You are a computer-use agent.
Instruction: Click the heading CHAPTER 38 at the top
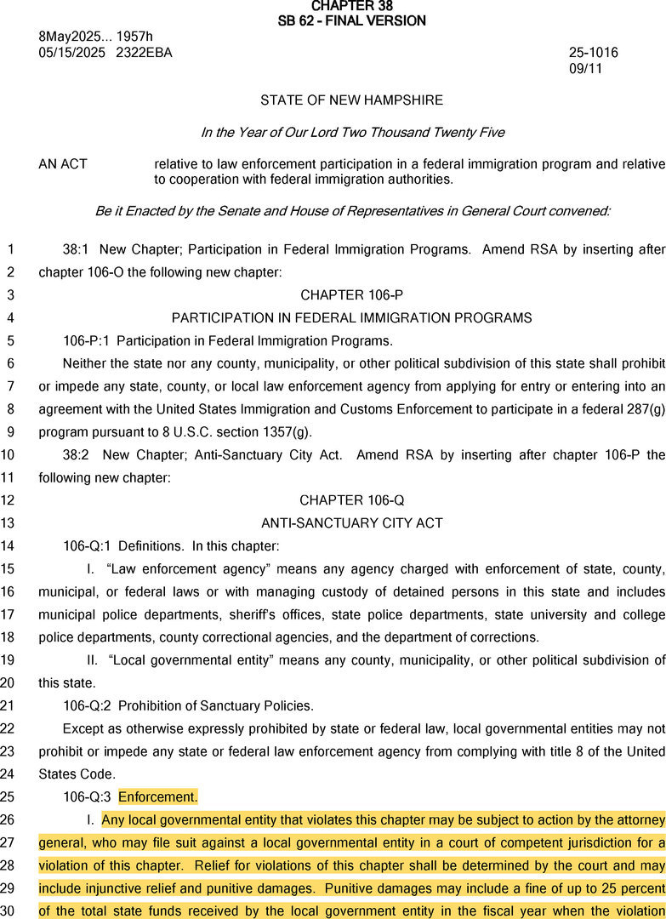[x=351, y=6]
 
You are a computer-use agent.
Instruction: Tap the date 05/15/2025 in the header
[x=71, y=53]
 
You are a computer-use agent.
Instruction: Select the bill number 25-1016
[x=594, y=53]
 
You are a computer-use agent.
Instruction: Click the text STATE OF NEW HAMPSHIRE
[x=351, y=100]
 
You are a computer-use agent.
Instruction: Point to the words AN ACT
[x=63, y=164]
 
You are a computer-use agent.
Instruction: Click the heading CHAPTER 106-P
[x=351, y=295]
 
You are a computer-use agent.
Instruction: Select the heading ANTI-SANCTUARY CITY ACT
[x=351, y=522]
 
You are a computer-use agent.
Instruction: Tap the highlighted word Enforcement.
[x=157, y=797]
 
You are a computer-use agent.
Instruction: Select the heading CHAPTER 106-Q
[x=351, y=500]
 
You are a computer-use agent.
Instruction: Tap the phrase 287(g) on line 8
[x=644, y=409]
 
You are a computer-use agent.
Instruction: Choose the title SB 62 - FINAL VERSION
[x=351, y=20]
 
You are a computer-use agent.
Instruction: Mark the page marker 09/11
[x=585, y=68]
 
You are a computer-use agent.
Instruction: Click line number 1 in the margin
[x=10, y=250]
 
